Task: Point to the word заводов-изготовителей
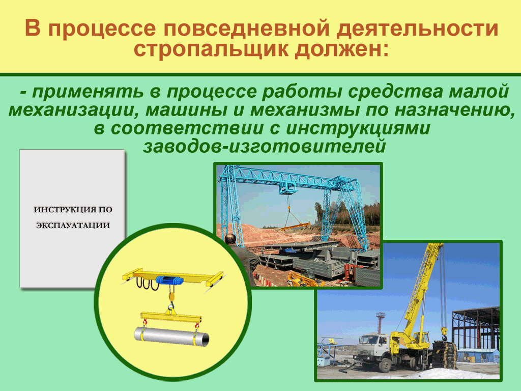click(265, 146)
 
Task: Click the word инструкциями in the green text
click(358, 129)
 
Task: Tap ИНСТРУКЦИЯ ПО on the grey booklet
click(73, 210)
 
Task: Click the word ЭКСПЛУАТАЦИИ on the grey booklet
click(73, 226)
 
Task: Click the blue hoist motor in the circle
click(170, 280)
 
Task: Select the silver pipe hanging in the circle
click(172, 336)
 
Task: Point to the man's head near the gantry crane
click(230, 239)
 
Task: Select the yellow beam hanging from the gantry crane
click(296, 227)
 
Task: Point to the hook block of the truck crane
click(443, 333)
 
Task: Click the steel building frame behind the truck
click(476, 329)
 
